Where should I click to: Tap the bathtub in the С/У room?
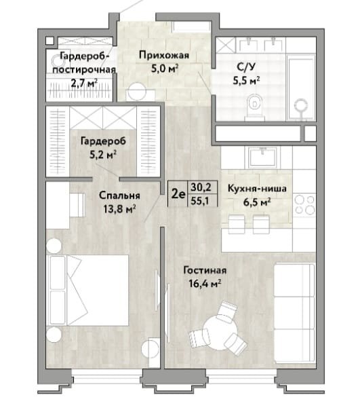(x=301, y=88)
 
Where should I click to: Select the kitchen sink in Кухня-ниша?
(x=262, y=157)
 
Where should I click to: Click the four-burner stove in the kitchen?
(x=304, y=204)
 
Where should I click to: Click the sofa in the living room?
(x=294, y=314)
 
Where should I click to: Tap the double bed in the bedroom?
(x=87, y=291)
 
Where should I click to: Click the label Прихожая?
(x=164, y=56)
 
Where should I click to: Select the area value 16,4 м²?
(x=205, y=284)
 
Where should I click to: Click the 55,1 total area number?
(x=200, y=201)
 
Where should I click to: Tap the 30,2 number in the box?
(x=200, y=187)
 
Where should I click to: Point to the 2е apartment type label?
(x=178, y=194)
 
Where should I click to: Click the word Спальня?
(x=119, y=195)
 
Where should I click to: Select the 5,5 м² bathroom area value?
(x=246, y=80)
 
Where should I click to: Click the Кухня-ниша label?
(x=257, y=189)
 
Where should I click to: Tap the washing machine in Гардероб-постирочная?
(x=56, y=62)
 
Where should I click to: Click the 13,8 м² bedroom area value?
(x=119, y=209)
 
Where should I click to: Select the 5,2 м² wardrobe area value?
(x=103, y=155)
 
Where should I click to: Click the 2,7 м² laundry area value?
(x=85, y=83)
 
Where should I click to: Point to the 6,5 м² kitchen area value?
(x=257, y=202)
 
